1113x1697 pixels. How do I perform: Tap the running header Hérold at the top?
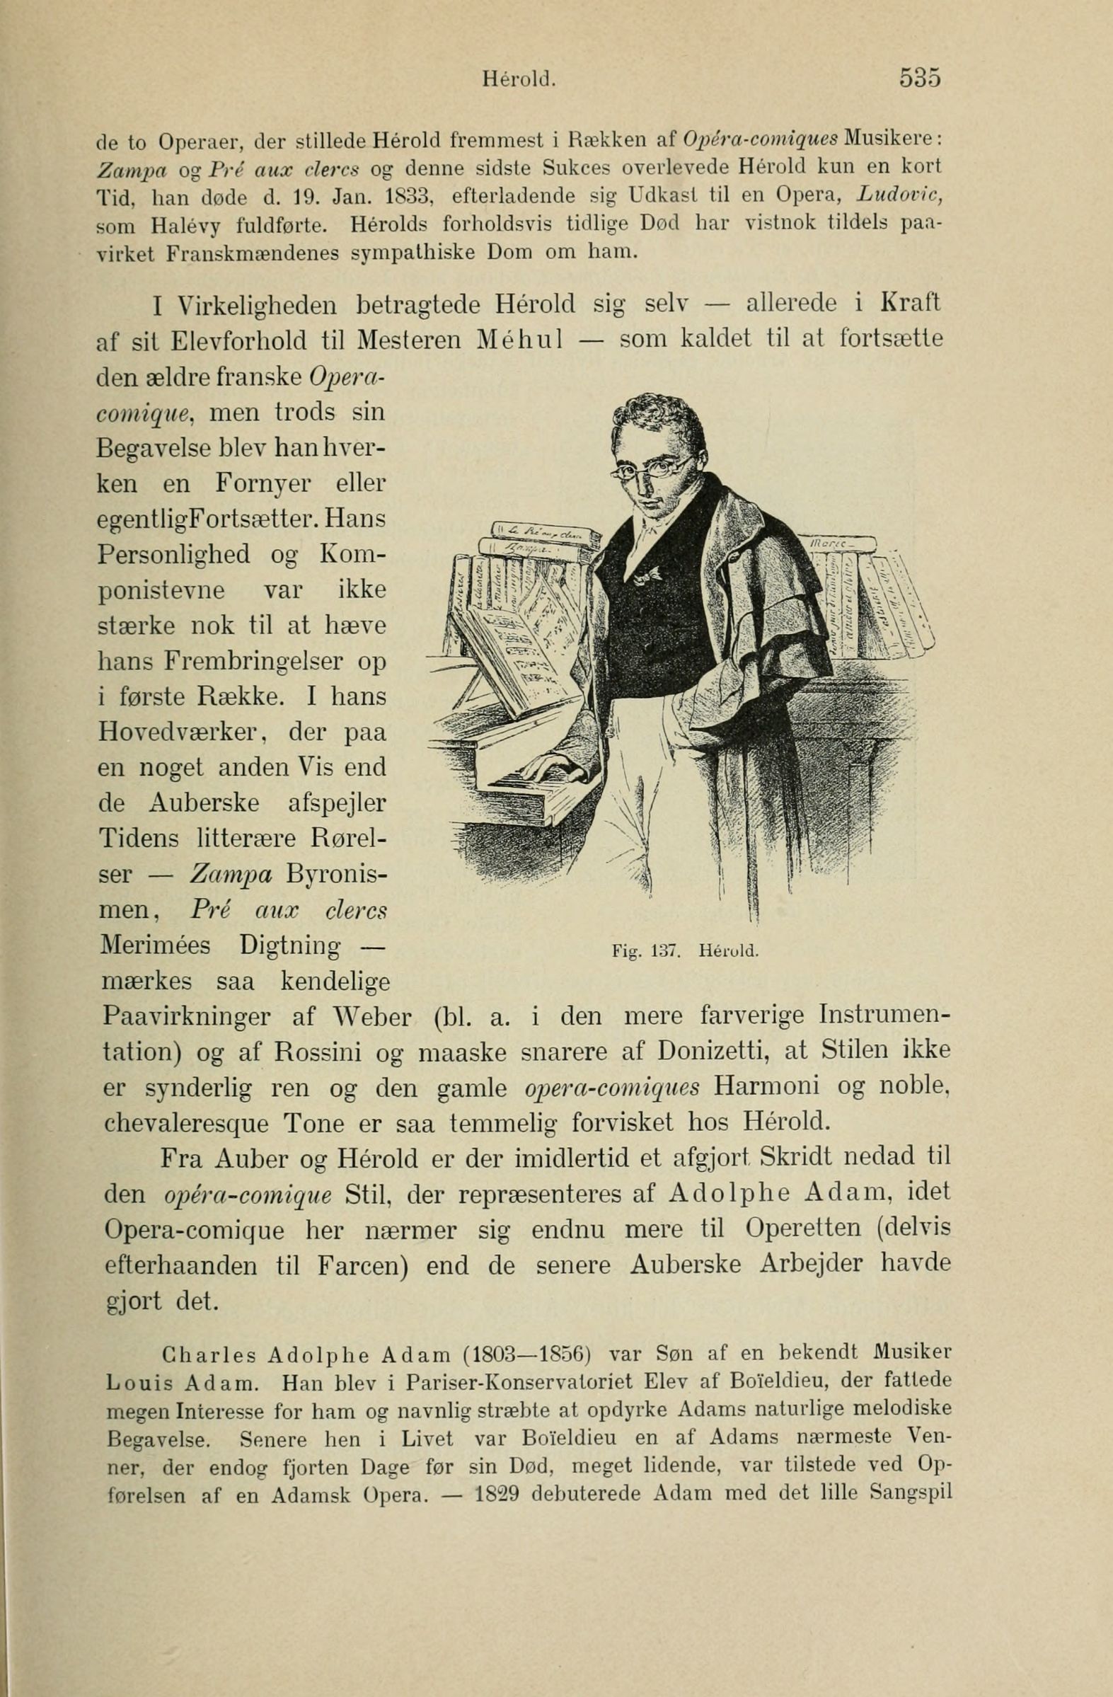tap(519, 78)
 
